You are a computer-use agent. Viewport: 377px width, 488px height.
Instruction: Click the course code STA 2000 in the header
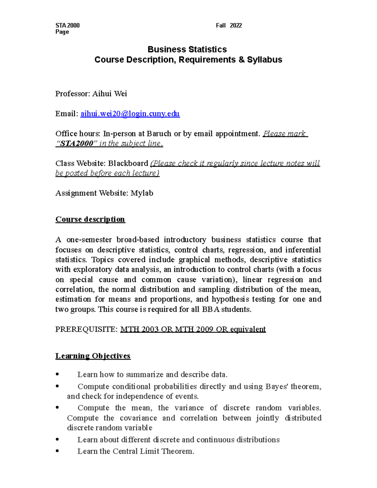67,25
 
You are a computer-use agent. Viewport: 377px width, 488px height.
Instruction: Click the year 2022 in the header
236,25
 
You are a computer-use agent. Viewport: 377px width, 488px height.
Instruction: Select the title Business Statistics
187,49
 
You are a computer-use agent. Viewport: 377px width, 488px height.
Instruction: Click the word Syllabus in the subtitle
265,60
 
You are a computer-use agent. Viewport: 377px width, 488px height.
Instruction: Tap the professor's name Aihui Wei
109,94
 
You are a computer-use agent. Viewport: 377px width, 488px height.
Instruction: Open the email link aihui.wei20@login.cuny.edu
130,114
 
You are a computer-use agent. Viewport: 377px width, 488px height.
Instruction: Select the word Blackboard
128,163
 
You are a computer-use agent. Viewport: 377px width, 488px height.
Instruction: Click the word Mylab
142,193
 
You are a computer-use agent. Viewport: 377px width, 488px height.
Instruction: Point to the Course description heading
90,219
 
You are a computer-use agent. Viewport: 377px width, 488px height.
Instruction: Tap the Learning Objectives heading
93,356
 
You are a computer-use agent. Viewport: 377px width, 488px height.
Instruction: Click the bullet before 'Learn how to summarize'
57,375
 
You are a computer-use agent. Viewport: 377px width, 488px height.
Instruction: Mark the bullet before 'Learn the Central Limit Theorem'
57,451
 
